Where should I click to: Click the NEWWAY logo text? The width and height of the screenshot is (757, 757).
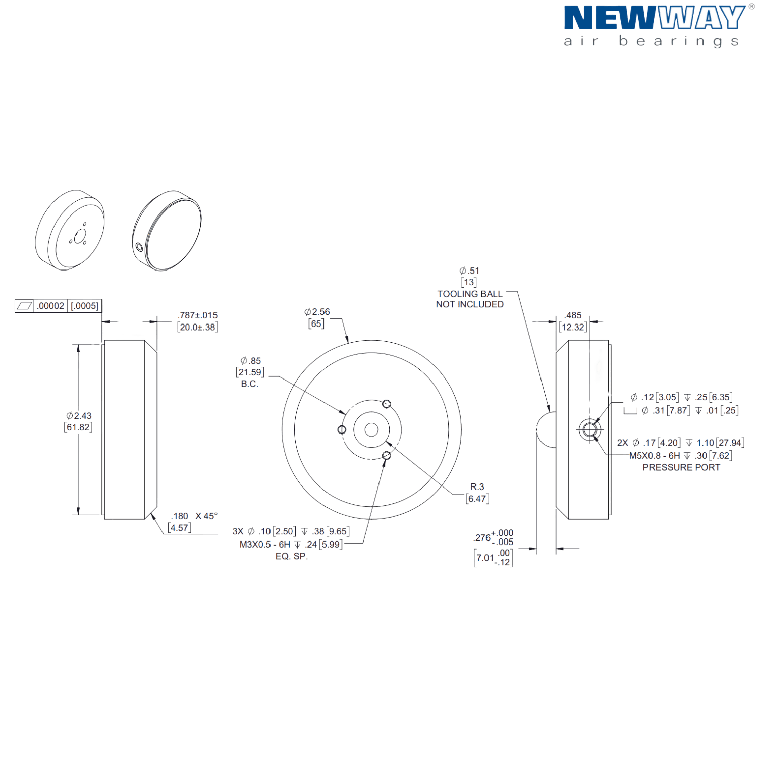pos(654,18)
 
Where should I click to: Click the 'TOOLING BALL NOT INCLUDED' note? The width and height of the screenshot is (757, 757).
pos(470,299)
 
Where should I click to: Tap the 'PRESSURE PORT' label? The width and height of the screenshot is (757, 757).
pos(681,467)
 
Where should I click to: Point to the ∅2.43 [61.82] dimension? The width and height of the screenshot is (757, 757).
pos(79,421)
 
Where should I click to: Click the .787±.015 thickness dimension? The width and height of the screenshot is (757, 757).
pos(198,315)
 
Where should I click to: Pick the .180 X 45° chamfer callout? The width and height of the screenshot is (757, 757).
pos(194,516)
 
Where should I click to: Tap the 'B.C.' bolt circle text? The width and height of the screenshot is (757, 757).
pos(249,384)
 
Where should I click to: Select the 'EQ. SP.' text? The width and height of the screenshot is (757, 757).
pos(291,556)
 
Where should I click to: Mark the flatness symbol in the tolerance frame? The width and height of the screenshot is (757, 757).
pos(24,306)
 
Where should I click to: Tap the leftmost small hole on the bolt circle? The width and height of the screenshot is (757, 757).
pos(342,430)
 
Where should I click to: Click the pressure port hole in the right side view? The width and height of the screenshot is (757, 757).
pos(589,430)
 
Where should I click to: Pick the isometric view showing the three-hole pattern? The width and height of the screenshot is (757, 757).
pos(70,231)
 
